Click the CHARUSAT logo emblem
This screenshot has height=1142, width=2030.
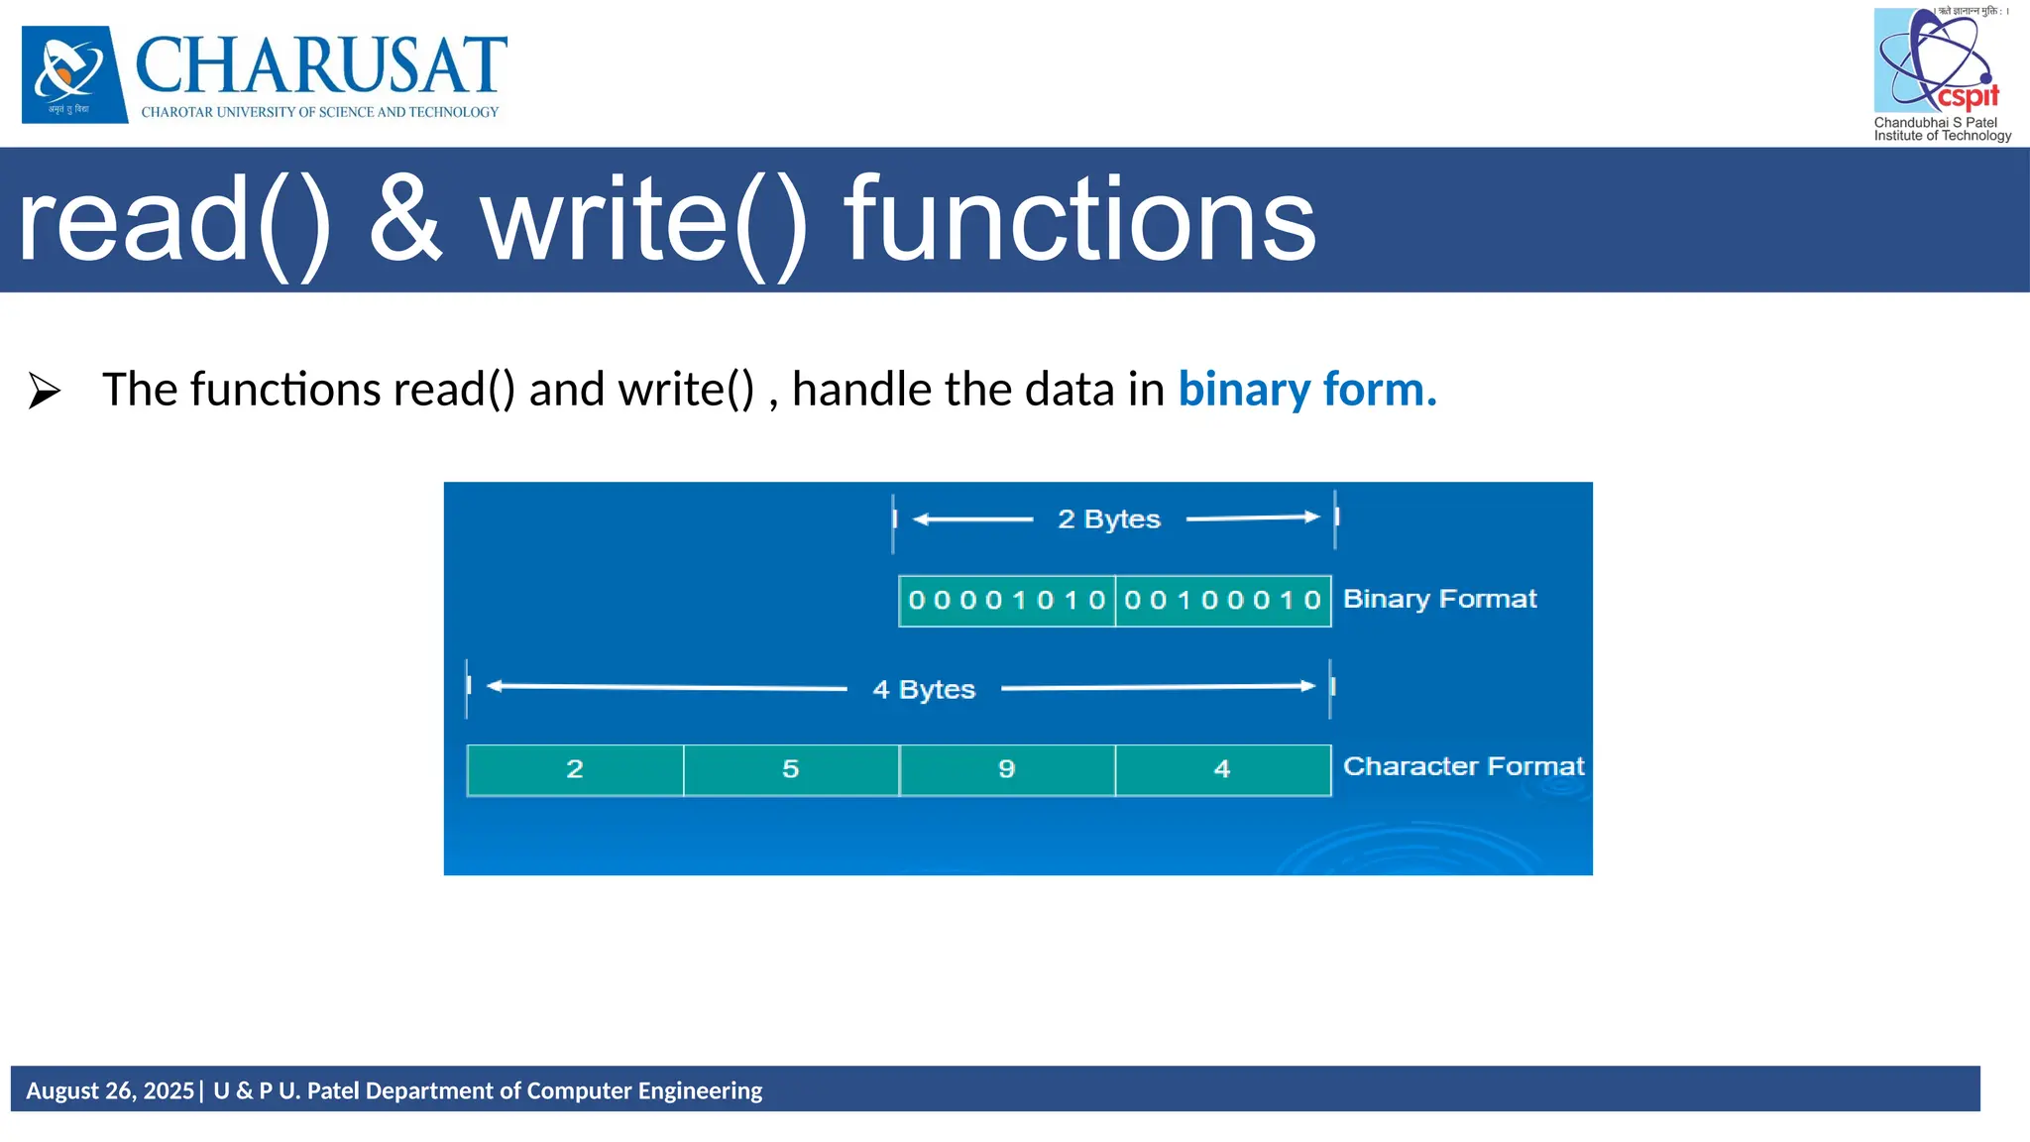(74, 74)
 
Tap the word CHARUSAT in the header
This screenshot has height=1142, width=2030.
(320, 65)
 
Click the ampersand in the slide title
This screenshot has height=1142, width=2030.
(405, 220)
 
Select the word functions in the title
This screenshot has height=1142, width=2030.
(1079, 220)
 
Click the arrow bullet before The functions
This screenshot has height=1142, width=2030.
(45, 391)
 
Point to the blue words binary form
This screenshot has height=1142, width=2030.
(1306, 390)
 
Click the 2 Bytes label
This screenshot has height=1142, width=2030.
(1108, 519)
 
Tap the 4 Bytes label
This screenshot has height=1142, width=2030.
(924, 689)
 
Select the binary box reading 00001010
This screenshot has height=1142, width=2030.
(1006, 601)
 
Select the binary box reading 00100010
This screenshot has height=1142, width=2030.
(1222, 601)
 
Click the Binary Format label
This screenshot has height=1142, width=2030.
(1439, 599)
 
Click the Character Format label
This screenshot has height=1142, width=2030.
(1463, 766)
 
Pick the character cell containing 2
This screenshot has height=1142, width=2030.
(575, 769)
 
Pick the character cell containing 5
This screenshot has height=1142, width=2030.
(791, 769)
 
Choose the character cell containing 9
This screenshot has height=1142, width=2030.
(1007, 769)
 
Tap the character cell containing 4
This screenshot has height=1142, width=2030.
(1222, 769)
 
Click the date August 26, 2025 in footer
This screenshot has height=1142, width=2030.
(110, 1090)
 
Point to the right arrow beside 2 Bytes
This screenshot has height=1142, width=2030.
(1255, 517)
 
